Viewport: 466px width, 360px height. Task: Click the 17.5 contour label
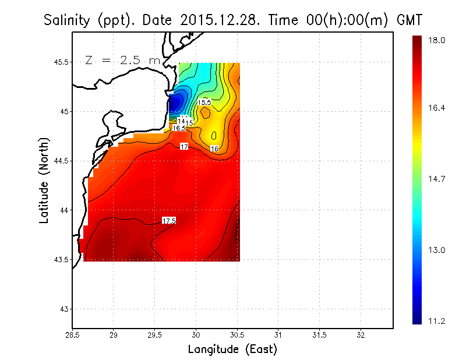click(169, 220)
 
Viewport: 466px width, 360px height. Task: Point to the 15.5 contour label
click(204, 103)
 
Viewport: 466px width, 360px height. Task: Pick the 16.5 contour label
click(179, 128)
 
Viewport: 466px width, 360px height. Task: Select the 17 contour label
click(185, 147)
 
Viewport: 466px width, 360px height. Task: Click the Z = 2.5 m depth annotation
click(121, 60)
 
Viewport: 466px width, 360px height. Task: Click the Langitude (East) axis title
click(232, 350)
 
